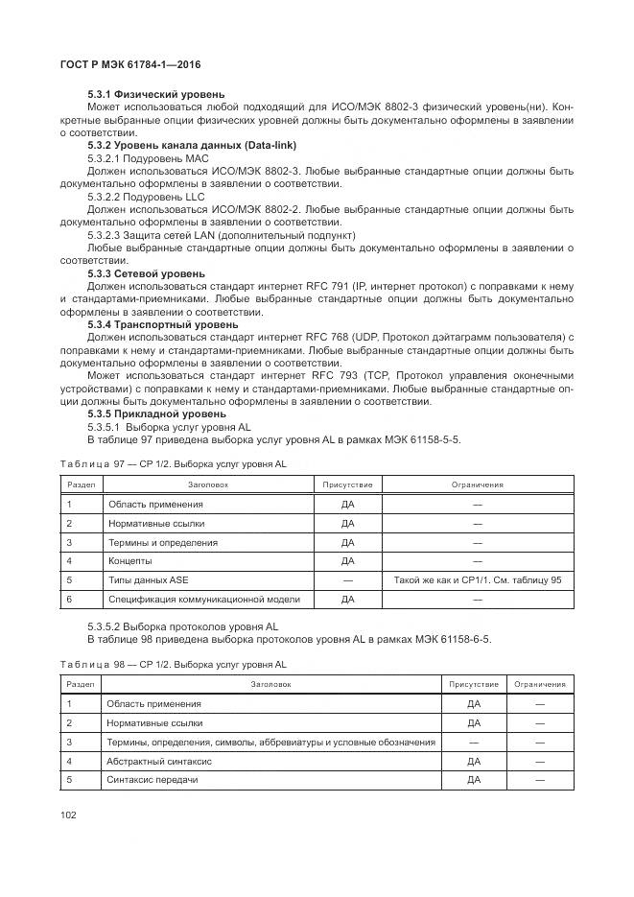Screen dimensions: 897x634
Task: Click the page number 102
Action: pos(68,815)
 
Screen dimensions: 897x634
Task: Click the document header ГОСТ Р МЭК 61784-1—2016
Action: pos(129,66)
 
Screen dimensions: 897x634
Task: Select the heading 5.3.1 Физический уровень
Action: pos(155,94)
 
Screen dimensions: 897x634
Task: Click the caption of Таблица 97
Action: pos(173,463)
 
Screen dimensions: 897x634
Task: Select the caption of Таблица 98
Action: pos(173,664)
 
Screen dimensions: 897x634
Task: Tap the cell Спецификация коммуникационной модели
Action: pos(204,600)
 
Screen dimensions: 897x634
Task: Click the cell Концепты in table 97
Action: pos(129,561)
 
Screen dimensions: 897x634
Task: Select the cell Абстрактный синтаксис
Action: pos(159,761)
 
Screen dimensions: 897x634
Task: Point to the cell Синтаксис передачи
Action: pos(153,780)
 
